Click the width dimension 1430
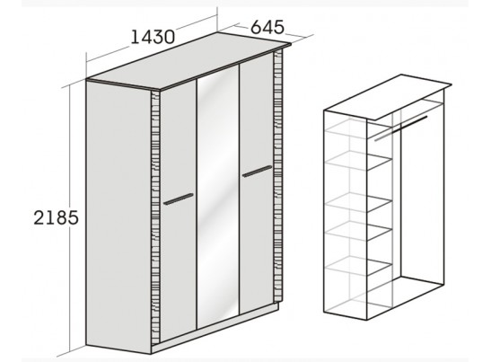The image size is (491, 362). click(x=153, y=37)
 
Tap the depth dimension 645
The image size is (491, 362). click(x=267, y=27)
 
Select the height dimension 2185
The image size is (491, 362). click(x=56, y=217)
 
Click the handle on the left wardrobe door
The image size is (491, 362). click(x=178, y=199)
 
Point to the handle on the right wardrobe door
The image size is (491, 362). click(x=257, y=172)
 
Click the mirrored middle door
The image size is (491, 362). click(x=218, y=197)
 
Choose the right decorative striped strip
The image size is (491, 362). click(x=277, y=175)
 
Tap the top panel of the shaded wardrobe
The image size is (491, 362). click(x=189, y=61)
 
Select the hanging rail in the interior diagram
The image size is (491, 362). click(x=401, y=128)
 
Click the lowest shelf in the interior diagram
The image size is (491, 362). click(x=359, y=266)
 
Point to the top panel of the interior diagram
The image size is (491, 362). click(x=388, y=97)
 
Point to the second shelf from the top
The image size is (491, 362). click(x=359, y=161)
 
